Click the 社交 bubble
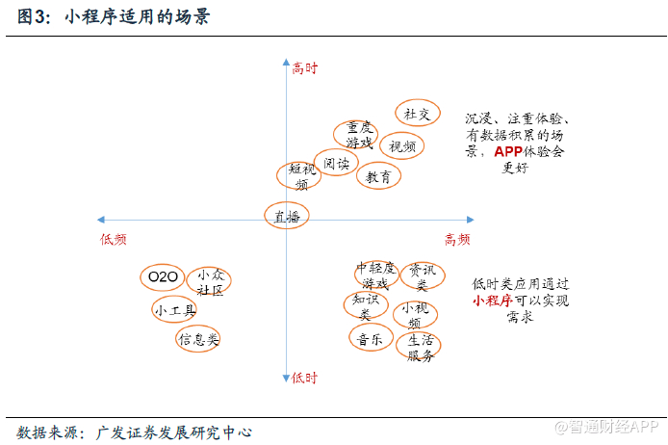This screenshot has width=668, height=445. point(418,114)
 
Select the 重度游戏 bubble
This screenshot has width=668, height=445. point(358,135)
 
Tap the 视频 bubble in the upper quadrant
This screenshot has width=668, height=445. point(403,146)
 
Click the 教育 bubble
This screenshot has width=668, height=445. point(378,177)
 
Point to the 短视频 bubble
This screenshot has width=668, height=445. point(300,176)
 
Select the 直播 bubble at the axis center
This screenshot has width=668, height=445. point(286,217)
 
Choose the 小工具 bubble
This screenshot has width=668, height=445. point(175,310)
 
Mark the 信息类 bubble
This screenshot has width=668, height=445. point(198,339)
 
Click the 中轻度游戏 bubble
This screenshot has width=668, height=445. point(375,275)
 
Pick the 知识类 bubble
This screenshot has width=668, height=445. point(365,306)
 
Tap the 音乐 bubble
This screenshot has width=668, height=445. point(370,339)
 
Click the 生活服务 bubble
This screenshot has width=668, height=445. point(420,347)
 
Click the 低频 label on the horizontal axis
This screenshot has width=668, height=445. point(113,239)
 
